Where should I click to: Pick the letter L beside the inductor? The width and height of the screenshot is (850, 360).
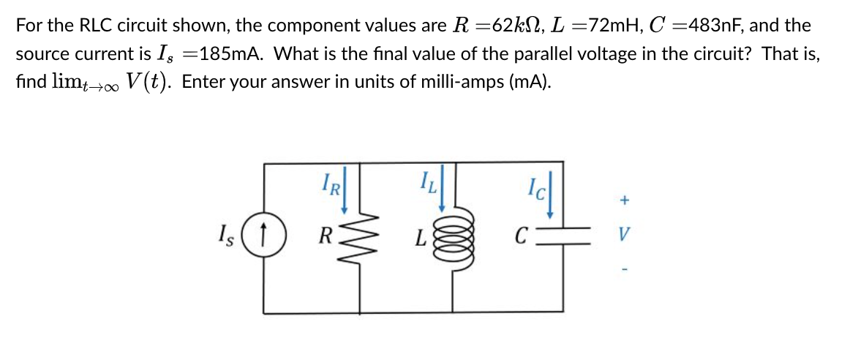[420, 239]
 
